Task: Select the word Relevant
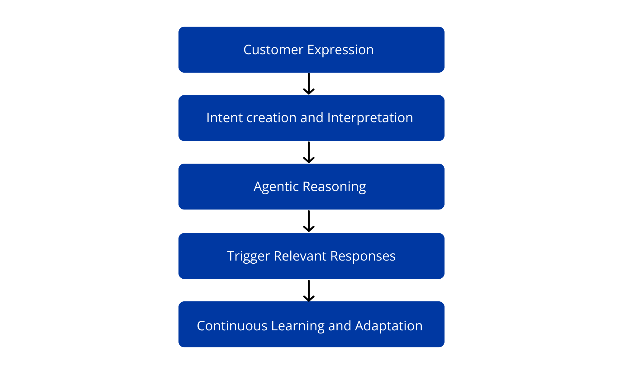[x=300, y=256]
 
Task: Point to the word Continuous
[x=232, y=326]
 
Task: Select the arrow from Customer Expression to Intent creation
[x=309, y=84]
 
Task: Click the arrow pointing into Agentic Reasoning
[x=309, y=152]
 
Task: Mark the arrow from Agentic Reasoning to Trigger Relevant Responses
[x=309, y=221]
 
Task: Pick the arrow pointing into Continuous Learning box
[x=309, y=291]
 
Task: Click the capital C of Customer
[x=248, y=50]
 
